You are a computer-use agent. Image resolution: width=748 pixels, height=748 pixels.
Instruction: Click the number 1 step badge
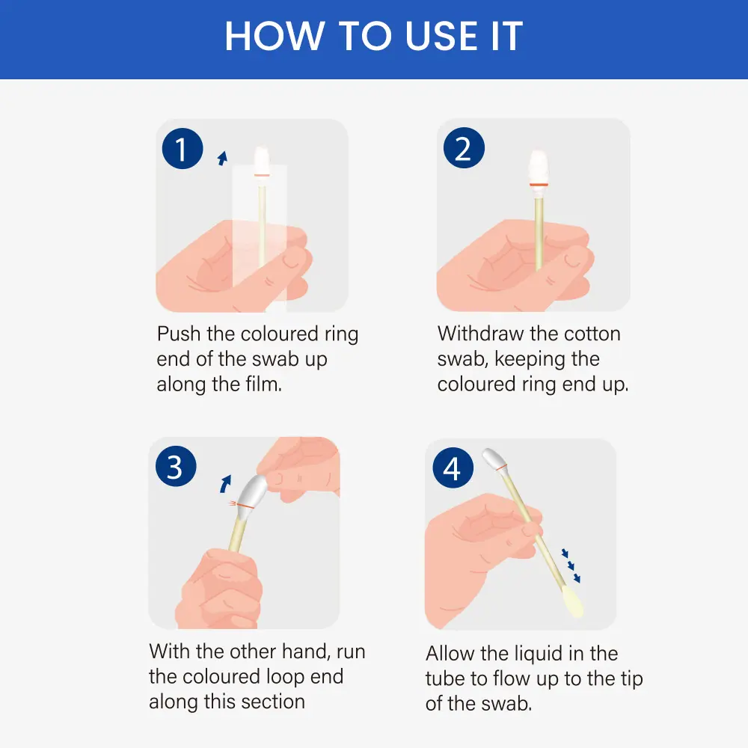coord(183,148)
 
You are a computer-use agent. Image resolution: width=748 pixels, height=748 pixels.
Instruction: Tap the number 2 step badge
coord(464,148)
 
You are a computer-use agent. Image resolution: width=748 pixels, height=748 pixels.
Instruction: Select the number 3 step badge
coord(176,466)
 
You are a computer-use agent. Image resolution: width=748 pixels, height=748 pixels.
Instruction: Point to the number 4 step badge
coord(453,467)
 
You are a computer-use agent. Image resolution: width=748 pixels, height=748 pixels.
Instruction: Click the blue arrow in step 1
coord(222,159)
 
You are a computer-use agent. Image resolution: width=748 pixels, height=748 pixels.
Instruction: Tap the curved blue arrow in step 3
coord(225,483)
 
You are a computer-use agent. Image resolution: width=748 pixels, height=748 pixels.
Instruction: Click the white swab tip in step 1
coord(261,160)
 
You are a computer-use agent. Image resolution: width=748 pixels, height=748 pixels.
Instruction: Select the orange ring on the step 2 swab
coord(539,184)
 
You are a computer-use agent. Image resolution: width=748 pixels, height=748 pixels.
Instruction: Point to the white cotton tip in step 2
coord(539,167)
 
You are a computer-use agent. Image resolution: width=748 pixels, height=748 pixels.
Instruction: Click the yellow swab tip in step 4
coord(573,602)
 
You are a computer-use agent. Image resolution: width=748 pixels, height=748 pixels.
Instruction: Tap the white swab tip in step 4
coord(494,459)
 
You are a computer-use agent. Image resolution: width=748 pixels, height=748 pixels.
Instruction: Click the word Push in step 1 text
coord(179,334)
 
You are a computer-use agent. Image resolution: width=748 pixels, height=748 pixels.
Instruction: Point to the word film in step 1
coord(263,384)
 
